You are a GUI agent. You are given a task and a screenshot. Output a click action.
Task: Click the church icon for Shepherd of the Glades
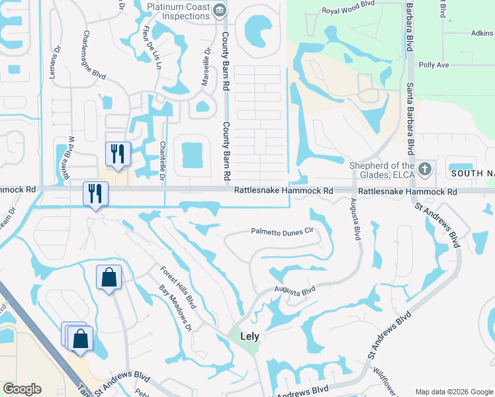(424, 169)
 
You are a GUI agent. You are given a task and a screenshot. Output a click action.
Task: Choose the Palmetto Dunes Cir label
(281, 232)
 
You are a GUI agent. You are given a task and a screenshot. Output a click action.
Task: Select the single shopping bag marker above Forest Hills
(109, 277)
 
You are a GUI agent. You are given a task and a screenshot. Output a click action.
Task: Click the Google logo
(22, 389)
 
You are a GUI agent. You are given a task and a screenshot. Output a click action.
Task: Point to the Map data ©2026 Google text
(453, 392)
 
